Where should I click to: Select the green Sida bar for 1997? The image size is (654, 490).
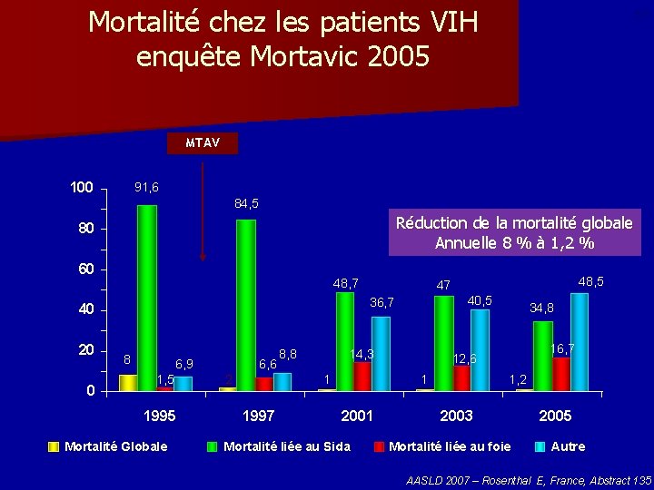pos(245,305)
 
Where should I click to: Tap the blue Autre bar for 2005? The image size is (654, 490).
pos(579,341)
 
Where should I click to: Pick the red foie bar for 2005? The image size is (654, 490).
pos(560,373)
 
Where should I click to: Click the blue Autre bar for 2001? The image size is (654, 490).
pos(381,353)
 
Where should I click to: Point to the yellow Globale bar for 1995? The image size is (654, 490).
pos(128,382)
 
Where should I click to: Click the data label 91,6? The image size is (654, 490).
pos(146,188)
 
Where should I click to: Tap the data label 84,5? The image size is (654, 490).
pos(246,203)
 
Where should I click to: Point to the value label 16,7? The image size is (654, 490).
pos(564,348)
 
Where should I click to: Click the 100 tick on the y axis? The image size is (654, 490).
pos(82,188)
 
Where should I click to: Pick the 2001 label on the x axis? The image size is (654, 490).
pos(357,416)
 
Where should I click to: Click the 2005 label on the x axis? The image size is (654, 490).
pos(555,416)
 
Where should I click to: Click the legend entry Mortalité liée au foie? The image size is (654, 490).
pos(449,446)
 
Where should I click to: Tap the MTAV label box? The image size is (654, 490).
pos(203,142)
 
